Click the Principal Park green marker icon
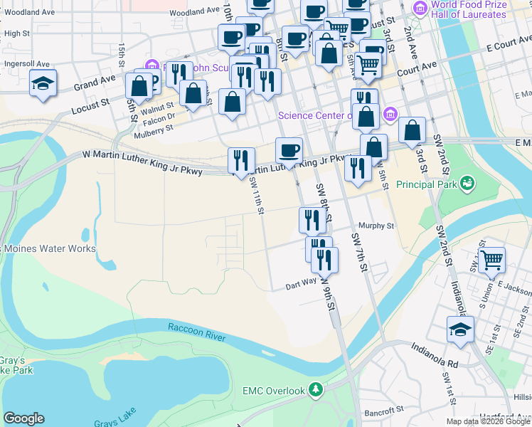click(x=467, y=184)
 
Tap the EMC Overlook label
click(x=273, y=391)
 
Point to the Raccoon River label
click(x=196, y=332)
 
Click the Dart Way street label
click(x=300, y=283)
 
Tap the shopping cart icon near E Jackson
click(x=491, y=260)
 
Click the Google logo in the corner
click(x=23, y=418)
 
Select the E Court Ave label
click(x=509, y=45)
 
